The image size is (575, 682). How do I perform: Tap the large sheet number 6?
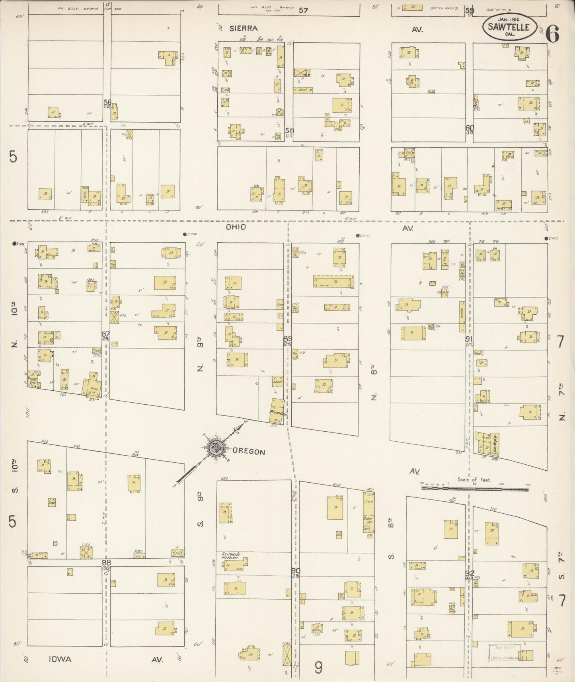(552, 34)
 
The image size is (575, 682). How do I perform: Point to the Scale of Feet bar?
(474, 487)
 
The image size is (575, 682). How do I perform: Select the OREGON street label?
(249, 452)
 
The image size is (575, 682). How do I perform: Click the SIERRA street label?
(243, 28)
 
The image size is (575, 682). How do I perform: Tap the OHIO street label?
(236, 227)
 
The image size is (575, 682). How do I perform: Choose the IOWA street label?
(60, 659)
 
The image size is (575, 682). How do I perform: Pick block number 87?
(105, 334)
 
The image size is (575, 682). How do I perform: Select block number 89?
(287, 338)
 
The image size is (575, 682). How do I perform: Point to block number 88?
(106, 562)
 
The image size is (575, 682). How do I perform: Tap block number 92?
(470, 573)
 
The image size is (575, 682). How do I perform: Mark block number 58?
(289, 130)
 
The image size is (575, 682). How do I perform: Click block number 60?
(470, 128)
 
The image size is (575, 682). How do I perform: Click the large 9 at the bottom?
(318, 668)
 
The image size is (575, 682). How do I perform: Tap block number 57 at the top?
(303, 10)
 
